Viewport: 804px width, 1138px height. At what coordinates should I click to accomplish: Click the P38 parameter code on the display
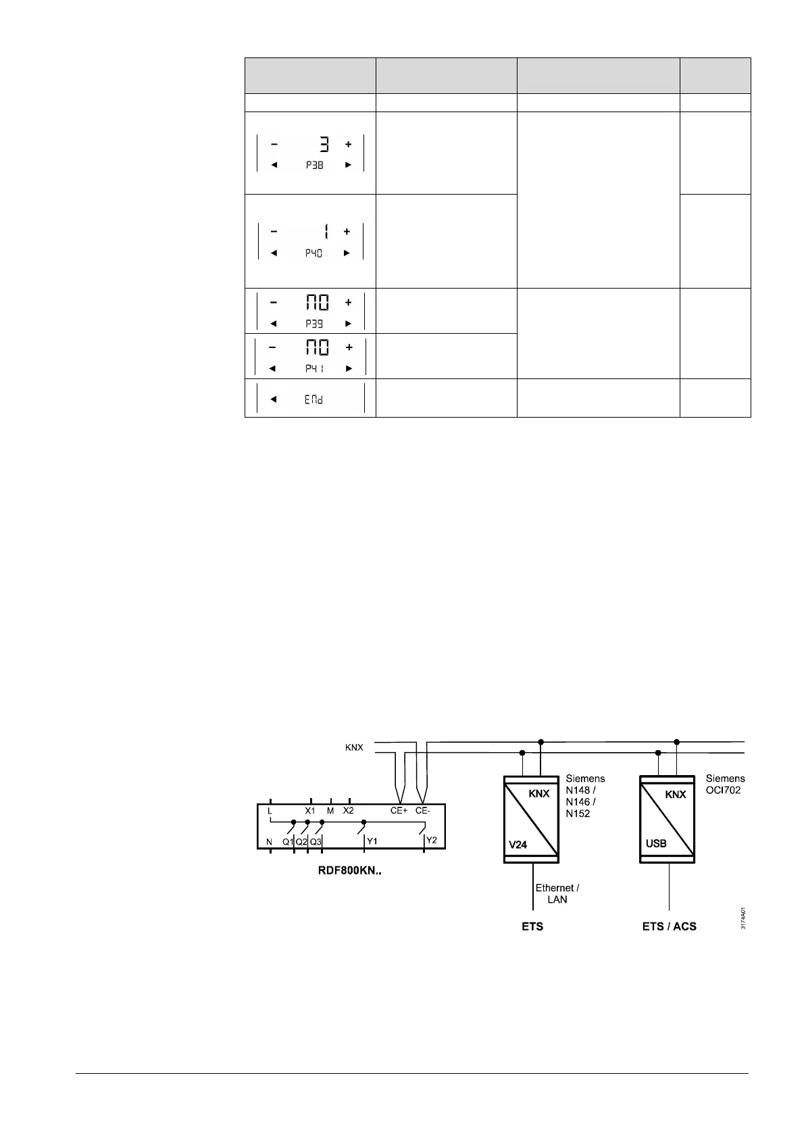[x=314, y=165]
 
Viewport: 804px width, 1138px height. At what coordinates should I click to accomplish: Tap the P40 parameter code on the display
[x=313, y=253]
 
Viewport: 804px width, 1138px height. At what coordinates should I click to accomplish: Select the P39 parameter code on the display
[x=314, y=324]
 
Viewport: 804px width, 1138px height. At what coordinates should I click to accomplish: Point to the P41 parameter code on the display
[x=313, y=368]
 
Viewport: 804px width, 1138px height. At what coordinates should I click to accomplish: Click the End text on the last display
[x=313, y=399]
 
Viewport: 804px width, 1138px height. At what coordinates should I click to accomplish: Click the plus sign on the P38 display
[x=349, y=144]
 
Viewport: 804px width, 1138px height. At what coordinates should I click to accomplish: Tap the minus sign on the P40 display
[x=274, y=231]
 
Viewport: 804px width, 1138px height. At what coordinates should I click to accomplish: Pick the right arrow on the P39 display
[x=349, y=324]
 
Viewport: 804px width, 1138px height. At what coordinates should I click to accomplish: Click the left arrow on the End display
[x=274, y=399]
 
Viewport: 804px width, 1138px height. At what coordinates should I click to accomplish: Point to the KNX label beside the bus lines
[x=354, y=747]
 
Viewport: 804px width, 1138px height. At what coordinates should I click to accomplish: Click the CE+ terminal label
[x=399, y=810]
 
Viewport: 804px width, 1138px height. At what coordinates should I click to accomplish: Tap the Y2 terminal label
[x=432, y=841]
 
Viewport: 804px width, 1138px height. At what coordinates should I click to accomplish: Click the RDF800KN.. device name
[x=350, y=871]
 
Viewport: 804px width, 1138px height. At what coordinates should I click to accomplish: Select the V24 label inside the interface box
[x=518, y=845]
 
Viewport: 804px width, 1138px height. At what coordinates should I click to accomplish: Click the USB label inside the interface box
[x=656, y=843]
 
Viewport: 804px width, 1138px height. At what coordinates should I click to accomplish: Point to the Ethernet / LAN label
[x=557, y=893]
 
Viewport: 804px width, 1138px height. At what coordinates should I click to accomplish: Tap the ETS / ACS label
[x=669, y=926]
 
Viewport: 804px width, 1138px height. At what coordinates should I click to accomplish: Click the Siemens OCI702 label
[x=725, y=784]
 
